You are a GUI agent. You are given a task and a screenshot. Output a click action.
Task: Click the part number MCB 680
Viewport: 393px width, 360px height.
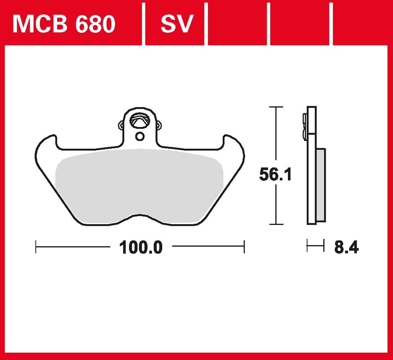64,24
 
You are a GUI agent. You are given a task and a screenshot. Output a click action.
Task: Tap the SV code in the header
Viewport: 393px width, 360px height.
177,24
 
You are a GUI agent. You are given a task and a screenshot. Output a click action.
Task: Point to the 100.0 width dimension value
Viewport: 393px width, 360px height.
141,247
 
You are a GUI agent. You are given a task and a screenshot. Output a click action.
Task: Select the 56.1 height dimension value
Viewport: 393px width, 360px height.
275,174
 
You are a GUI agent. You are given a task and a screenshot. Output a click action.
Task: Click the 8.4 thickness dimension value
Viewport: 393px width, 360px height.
347,247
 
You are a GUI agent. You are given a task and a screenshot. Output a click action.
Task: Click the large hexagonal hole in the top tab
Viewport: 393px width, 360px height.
139,120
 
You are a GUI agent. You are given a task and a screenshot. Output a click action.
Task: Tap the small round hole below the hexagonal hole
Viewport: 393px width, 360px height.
140,137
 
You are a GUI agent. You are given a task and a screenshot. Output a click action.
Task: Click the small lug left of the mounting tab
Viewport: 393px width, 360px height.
121,125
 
